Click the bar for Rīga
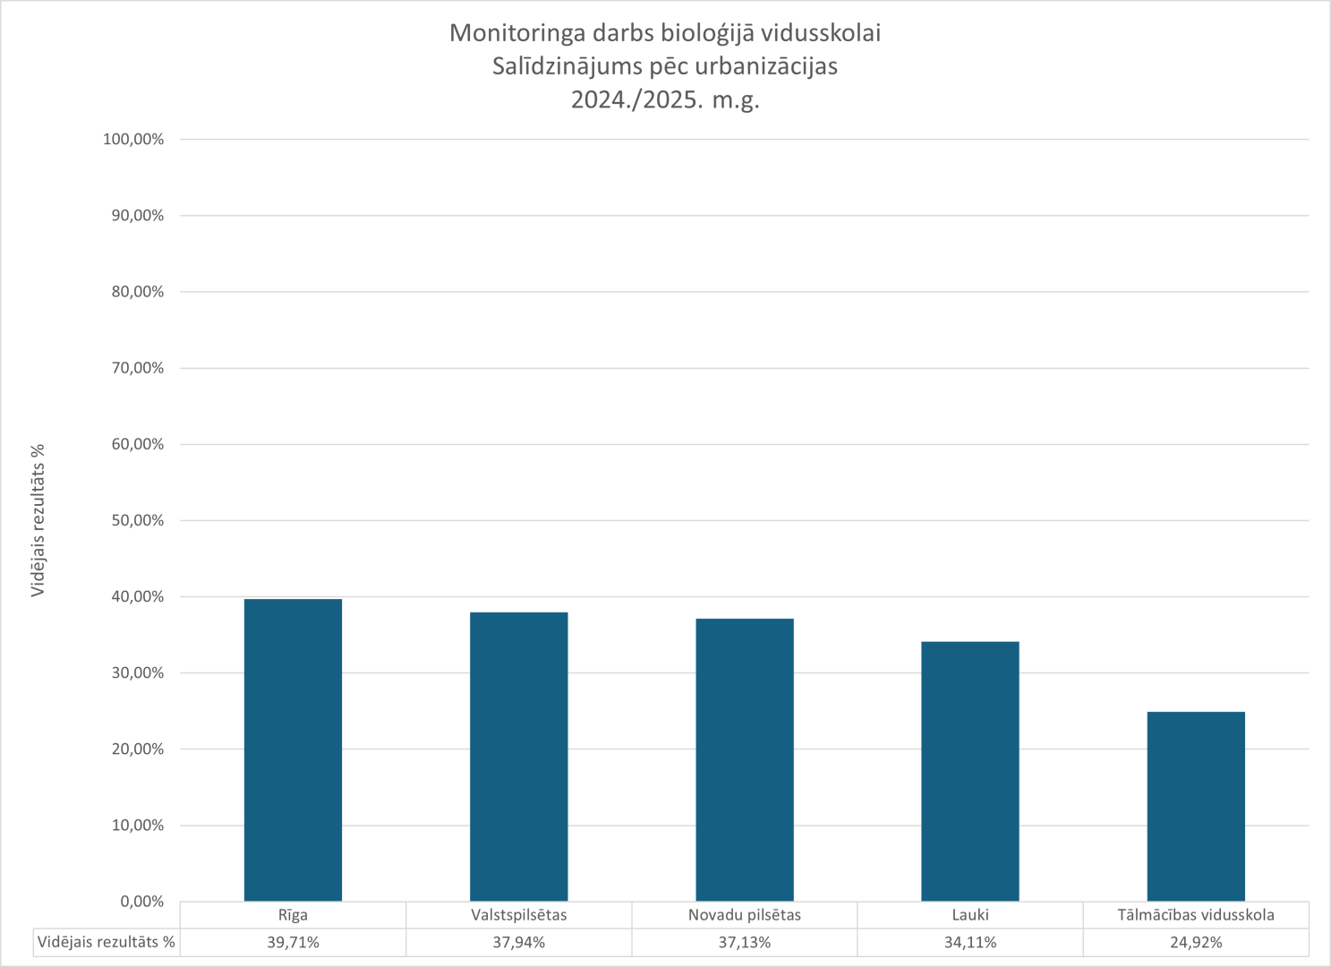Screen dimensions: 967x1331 click(293, 750)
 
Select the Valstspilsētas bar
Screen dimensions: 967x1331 click(518, 757)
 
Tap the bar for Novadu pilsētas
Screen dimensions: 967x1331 click(745, 760)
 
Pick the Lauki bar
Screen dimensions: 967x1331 click(970, 771)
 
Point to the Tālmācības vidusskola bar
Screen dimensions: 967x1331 click(1196, 806)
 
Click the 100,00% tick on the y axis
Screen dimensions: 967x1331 click(133, 140)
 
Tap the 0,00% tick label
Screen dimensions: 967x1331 click(141, 902)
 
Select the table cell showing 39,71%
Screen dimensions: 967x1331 click(293, 942)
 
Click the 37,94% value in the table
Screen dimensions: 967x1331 click(518, 942)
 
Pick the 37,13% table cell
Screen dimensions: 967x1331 click(745, 942)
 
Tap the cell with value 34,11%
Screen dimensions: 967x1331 click(970, 942)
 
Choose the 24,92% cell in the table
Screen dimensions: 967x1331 click(1196, 942)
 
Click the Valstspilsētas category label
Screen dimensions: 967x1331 click(518, 915)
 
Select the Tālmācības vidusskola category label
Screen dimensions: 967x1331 click(1196, 915)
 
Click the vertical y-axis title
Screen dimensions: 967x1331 click(38, 520)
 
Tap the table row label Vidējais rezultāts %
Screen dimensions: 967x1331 click(107, 942)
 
